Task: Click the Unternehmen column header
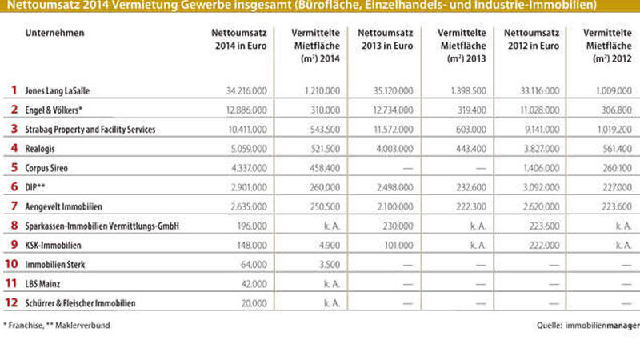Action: [x=55, y=33]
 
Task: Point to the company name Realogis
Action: [x=42, y=149]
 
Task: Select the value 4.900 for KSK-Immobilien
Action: [x=311, y=246]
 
